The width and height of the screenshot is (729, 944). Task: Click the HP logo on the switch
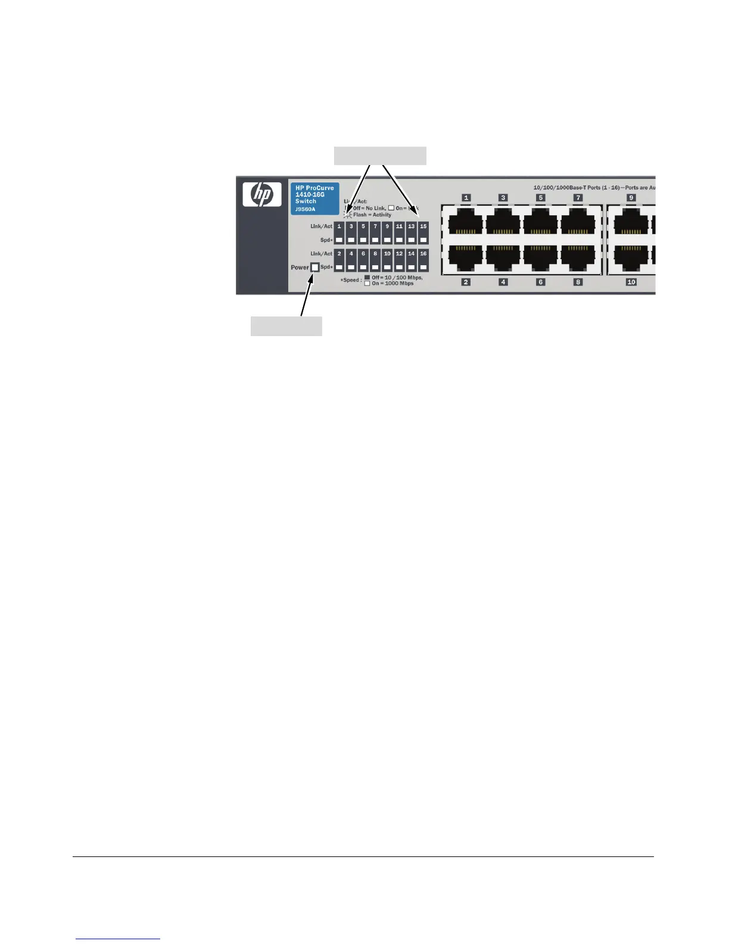(262, 194)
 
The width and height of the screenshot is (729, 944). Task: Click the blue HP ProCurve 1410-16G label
(314, 198)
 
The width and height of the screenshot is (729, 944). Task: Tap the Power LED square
(315, 268)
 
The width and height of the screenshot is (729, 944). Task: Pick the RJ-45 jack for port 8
(578, 259)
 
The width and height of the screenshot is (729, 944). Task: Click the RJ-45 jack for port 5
(541, 224)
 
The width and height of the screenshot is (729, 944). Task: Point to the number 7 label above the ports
(578, 198)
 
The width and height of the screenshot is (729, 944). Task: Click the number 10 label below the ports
(631, 282)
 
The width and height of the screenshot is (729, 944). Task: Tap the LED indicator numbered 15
(423, 227)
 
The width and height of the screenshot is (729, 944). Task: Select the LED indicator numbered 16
(423, 254)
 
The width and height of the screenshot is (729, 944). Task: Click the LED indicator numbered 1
(339, 227)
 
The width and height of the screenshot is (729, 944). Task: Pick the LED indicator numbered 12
(399, 254)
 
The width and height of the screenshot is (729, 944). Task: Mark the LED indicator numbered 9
(387, 227)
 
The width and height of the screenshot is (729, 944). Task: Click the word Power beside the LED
(300, 268)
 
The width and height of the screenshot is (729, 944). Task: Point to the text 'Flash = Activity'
(372, 215)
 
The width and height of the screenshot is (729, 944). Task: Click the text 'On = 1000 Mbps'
(392, 284)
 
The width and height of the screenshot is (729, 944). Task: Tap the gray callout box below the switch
(286, 326)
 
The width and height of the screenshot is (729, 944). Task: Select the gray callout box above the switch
(380, 156)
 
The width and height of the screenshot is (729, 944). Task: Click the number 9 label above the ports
(631, 198)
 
